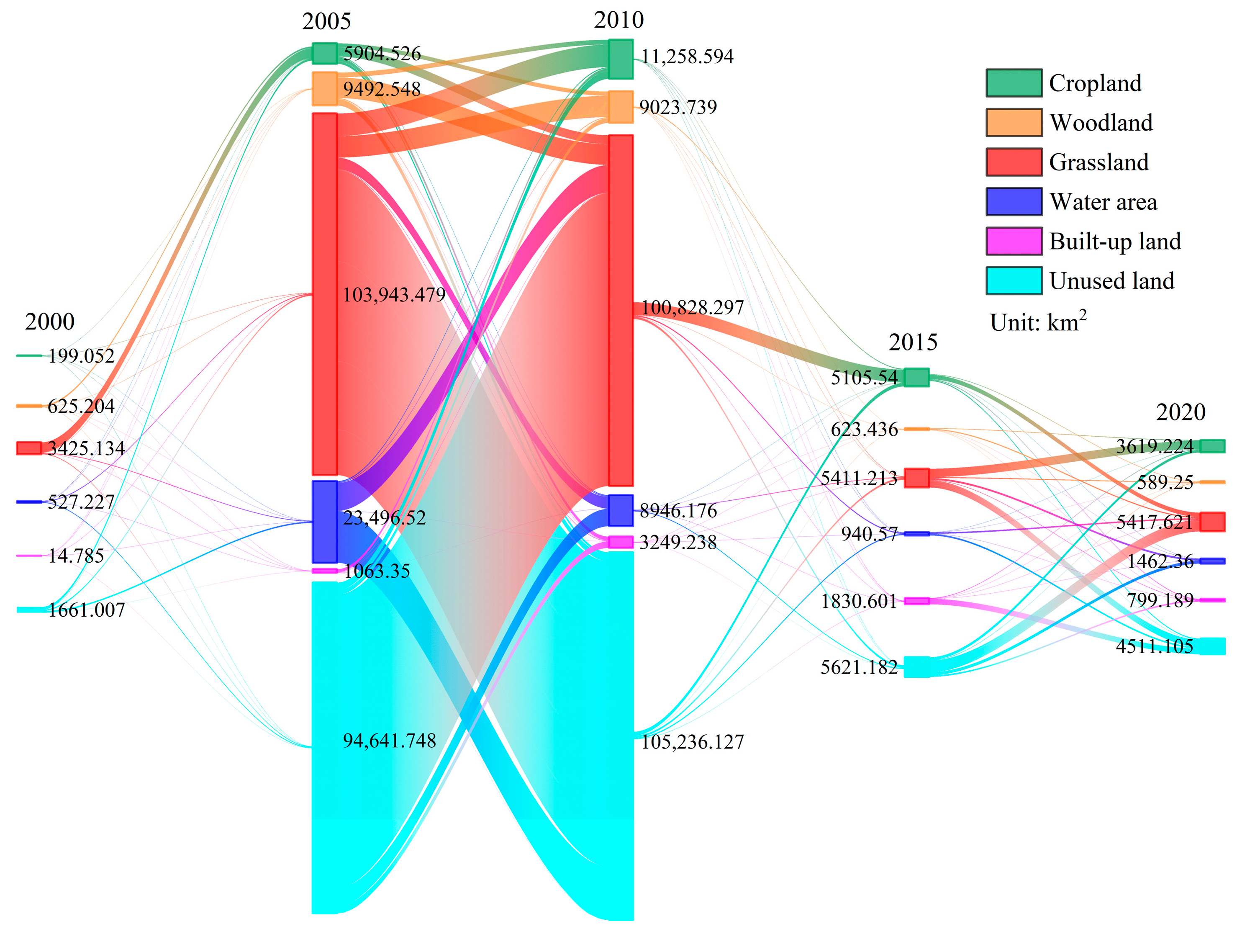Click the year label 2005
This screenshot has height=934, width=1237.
pos(326,21)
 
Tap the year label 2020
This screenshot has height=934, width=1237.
pos(1181,412)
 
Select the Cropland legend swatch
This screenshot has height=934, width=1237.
pos(1013,83)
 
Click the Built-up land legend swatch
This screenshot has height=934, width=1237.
pos(1013,241)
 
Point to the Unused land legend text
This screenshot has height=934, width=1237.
pos(1112,281)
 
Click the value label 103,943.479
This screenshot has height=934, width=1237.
pos(394,295)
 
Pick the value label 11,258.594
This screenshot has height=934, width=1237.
pos(687,57)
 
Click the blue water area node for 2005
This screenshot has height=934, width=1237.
pos(324,522)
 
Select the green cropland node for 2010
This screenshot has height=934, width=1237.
pos(621,59)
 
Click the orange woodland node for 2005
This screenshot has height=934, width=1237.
pos(324,88)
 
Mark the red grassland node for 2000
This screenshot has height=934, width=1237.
pos(29,448)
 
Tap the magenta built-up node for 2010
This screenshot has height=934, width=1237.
pos(621,542)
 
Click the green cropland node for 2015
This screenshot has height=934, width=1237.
pos(916,377)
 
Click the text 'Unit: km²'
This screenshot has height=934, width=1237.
pos(1038,322)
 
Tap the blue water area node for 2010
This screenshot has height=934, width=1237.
pos(621,510)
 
